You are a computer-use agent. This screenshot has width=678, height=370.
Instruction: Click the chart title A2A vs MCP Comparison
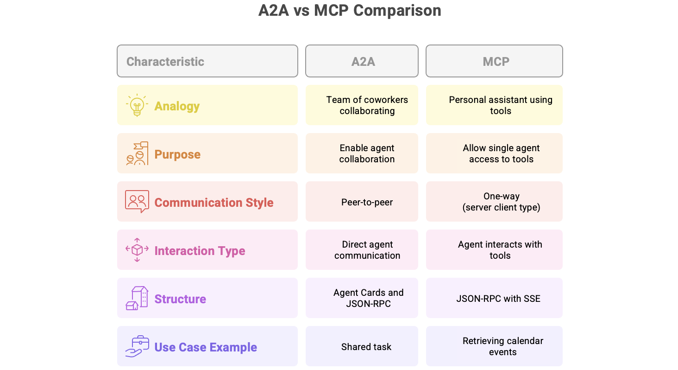pyautogui.click(x=350, y=11)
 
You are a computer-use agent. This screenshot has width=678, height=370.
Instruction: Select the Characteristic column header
pyautogui.click(x=207, y=61)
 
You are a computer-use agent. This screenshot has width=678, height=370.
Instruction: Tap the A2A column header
pyautogui.click(x=362, y=61)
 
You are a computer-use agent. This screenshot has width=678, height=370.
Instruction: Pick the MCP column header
pyautogui.click(x=494, y=61)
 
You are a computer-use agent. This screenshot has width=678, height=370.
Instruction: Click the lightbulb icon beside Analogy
pyautogui.click(x=137, y=105)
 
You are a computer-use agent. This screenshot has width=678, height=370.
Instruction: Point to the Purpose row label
pyautogui.click(x=177, y=154)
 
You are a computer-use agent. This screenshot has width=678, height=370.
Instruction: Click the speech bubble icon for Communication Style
pyautogui.click(x=137, y=202)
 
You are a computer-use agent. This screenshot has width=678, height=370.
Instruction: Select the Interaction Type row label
pyautogui.click(x=200, y=251)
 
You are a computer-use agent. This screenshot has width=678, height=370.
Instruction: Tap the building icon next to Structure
pyautogui.click(x=137, y=298)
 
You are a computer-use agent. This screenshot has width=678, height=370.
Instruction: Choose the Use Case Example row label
pyautogui.click(x=206, y=347)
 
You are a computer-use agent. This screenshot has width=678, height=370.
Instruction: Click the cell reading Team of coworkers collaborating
pyautogui.click(x=362, y=105)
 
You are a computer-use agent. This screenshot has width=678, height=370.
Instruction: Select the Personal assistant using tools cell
pyautogui.click(x=494, y=105)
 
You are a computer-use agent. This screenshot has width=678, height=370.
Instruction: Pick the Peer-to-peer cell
pyautogui.click(x=362, y=202)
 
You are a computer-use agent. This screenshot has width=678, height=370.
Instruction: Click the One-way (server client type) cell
pyautogui.click(x=494, y=202)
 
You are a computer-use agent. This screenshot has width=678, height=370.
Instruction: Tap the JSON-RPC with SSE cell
pyautogui.click(x=494, y=298)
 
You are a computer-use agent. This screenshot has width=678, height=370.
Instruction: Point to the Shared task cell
pyautogui.click(x=362, y=346)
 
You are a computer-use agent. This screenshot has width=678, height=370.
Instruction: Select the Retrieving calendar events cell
pyautogui.click(x=494, y=346)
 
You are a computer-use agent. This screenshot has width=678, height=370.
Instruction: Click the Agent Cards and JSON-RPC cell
pyautogui.click(x=362, y=298)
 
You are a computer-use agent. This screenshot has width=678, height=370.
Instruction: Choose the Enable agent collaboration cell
pyautogui.click(x=362, y=153)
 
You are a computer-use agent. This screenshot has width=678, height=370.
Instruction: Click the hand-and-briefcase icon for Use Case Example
pyautogui.click(x=137, y=346)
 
